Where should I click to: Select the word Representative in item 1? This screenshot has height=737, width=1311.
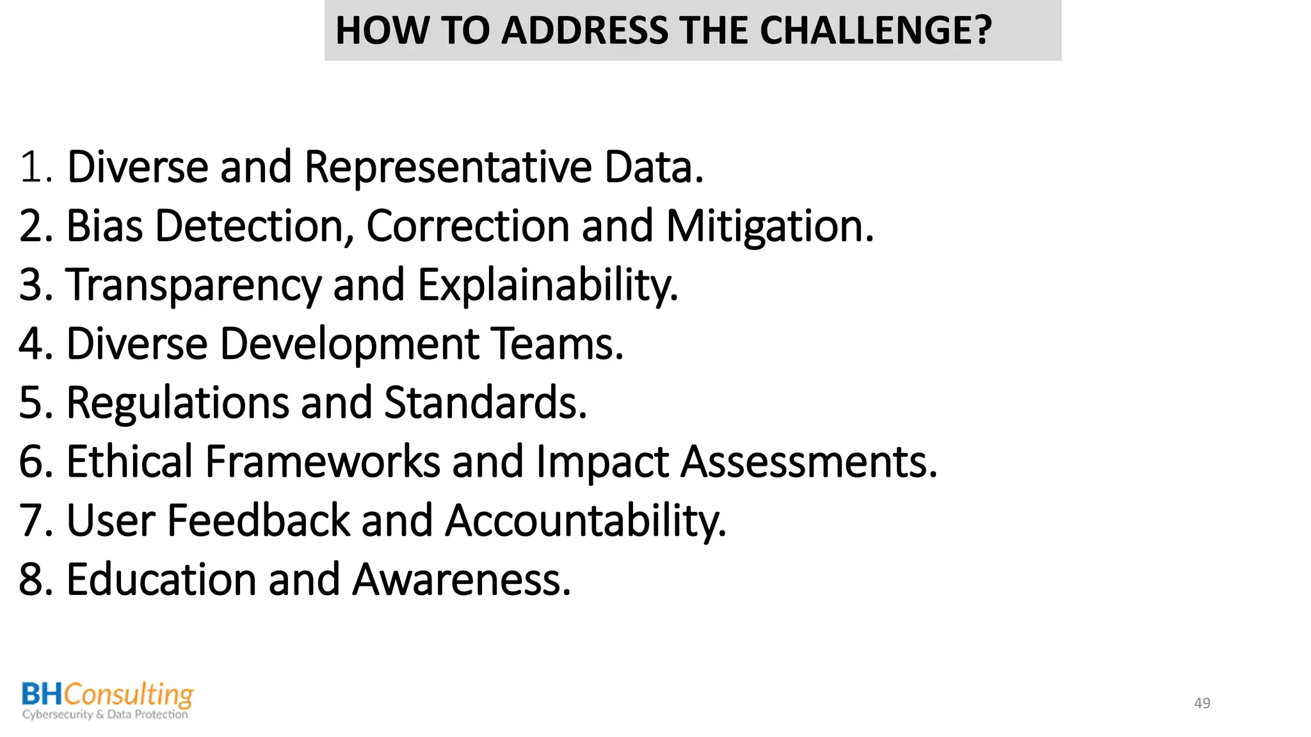pyautogui.click(x=448, y=167)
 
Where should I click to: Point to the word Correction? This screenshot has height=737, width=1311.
pyautogui.click(x=467, y=226)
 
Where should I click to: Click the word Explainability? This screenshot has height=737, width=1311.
pyautogui.click(x=547, y=285)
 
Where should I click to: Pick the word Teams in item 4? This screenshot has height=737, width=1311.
pyautogui.click(x=556, y=344)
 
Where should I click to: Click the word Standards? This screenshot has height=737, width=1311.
pyautogui.click(x=485, y=403)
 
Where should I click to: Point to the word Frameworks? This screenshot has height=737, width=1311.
pyautogui.click(x=323, y=462)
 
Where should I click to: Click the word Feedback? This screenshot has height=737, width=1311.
pyautogui.click(x=259, y=521)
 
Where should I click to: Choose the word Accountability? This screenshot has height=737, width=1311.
pyautogui.click(x=586, y=521)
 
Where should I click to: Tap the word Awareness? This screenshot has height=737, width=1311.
pyautogui.click(x=462, y=580)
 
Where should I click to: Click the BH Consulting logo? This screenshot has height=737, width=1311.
pyautogui.click(x=107, y=701)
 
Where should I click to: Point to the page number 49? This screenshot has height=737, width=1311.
pyautogui.click(x=1202, y=703)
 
